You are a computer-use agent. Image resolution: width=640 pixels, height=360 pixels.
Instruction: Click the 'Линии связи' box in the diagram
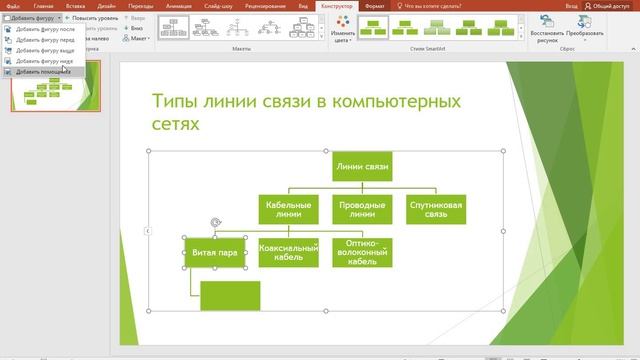[362, 167]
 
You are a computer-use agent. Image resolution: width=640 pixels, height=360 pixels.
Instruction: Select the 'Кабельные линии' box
[287, 209]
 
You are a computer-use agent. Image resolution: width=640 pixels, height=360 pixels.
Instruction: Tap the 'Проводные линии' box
[362, 209]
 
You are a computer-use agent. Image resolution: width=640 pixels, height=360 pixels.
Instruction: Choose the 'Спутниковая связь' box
[436, 209]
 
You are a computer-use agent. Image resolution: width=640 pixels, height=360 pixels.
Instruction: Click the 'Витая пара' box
[214, 253]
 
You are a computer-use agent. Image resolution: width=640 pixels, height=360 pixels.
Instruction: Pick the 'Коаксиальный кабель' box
[288, 253]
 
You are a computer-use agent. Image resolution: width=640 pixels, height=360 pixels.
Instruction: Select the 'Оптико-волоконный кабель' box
[362, 253]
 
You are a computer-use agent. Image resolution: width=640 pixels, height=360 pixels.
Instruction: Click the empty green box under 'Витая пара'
[230, 296]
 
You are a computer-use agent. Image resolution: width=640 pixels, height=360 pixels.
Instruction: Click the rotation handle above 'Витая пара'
[214, 223]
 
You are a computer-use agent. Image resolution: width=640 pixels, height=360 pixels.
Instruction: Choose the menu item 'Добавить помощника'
[42, 72]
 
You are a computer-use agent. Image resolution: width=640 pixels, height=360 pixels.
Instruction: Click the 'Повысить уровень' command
[92, 18]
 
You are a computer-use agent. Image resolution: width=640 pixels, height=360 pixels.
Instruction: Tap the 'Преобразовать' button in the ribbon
[584, 30]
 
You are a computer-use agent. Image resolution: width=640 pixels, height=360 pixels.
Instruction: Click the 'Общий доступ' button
[608, 5]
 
